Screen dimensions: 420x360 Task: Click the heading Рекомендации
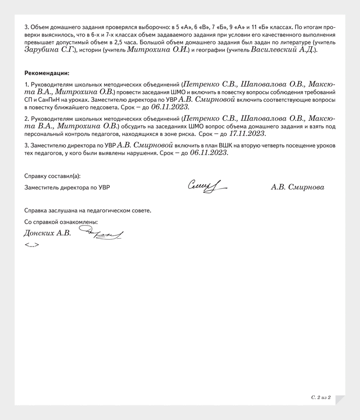47,73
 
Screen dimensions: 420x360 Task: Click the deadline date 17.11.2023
246,134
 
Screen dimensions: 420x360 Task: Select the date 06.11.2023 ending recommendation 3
208,153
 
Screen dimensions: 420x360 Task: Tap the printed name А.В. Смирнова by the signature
297,187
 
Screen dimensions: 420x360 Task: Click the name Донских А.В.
47,233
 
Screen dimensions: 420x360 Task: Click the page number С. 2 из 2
321,398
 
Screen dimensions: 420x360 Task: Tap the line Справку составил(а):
52,176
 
